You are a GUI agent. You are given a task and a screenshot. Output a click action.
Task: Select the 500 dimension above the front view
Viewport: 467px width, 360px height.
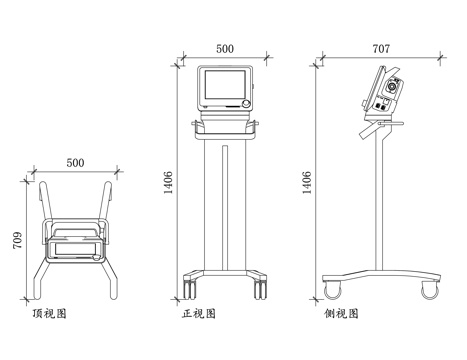point(225,48)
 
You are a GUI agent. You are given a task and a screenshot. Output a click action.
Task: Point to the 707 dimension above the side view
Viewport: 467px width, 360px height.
point(382,48)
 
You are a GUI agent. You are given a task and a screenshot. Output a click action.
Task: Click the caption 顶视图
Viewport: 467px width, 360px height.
point(50,313)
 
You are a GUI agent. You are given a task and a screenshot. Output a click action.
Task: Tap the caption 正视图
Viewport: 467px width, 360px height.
point(198,313)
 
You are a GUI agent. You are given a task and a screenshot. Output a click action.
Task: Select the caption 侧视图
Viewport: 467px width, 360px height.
point(342,313)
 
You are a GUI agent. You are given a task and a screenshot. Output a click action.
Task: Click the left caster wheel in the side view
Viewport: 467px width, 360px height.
point(331,290)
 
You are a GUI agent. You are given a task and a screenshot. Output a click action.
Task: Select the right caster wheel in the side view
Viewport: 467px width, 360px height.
point(430,290)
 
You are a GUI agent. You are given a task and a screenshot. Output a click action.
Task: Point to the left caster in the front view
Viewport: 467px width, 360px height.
point(187,288)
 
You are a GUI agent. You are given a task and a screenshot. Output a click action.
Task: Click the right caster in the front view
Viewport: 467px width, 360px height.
point(262,288)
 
